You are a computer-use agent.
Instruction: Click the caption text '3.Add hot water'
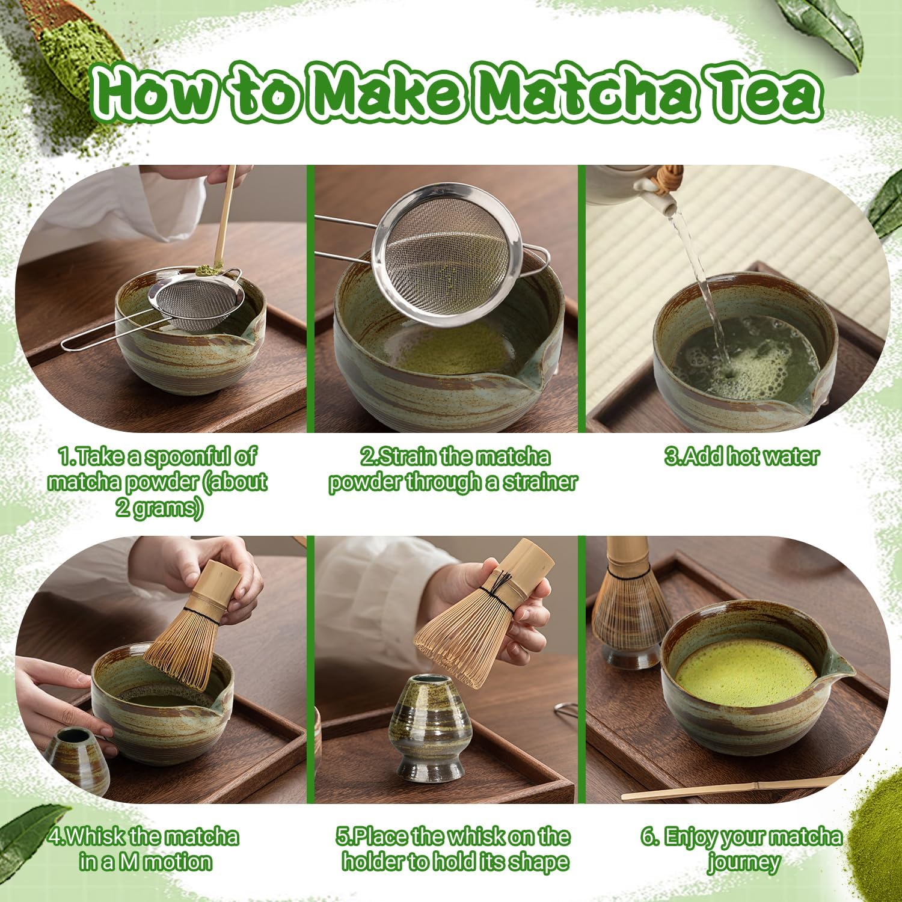[742, 456]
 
